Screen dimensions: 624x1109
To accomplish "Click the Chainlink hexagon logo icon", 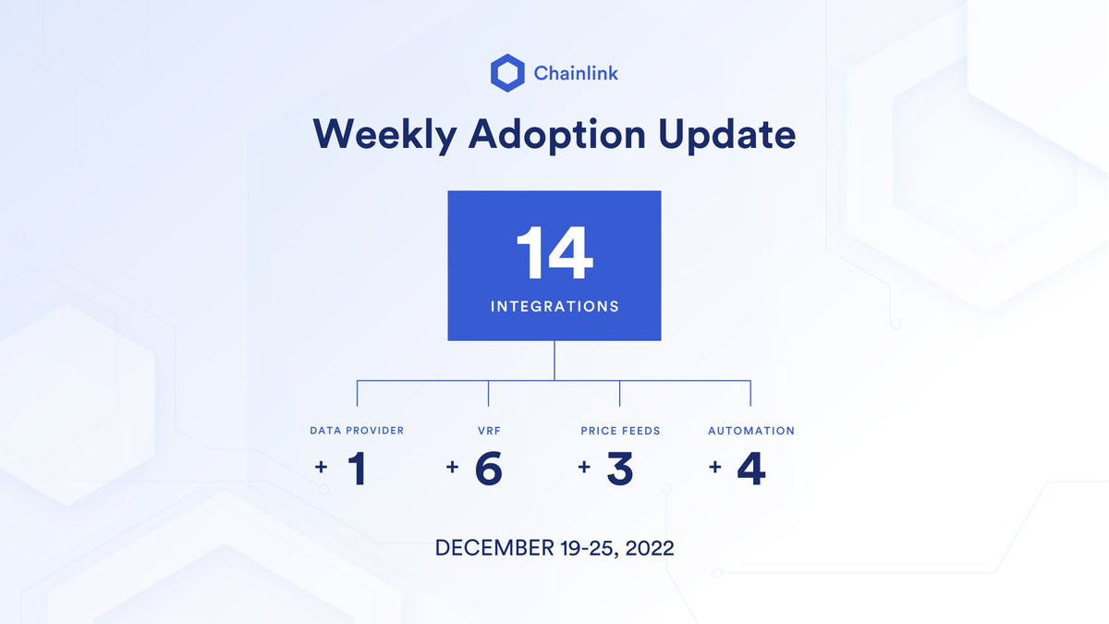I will pos(507,73).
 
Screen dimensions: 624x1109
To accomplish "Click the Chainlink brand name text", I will pos(576,73).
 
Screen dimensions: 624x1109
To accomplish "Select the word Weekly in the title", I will pos(384,135).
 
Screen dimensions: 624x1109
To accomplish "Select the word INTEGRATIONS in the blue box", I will pos(554,306).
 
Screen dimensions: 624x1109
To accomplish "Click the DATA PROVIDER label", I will pos(357,431).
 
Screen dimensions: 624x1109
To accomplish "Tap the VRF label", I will pos(488,431).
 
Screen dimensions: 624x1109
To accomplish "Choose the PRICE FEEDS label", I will pos(620,431).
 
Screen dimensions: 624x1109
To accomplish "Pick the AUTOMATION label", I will pos(751,431).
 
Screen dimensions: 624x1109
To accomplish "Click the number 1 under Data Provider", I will pos(357,470).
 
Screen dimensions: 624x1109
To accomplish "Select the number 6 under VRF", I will pos(488,470).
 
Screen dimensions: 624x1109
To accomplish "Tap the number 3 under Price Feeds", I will pos(620,470).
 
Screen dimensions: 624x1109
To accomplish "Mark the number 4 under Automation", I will pos(751,470).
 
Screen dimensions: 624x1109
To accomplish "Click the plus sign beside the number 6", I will pos(452,468).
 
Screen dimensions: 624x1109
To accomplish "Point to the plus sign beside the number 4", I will pos(715,468).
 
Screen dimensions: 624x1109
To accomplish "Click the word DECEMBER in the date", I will pos(488,548).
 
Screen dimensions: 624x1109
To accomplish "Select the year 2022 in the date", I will pos(650,548).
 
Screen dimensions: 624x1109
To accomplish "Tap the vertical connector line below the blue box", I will pos(554,360).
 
